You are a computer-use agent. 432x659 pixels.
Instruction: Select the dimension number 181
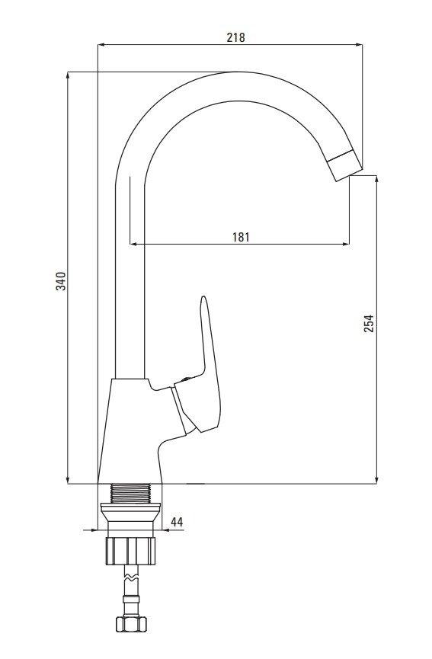(x=240, y=237)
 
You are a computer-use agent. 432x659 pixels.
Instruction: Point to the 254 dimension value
(x=369, y=325)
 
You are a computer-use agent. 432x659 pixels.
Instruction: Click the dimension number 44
(x=176, y=522)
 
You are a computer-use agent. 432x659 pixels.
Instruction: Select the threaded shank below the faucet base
(x=134, y=493)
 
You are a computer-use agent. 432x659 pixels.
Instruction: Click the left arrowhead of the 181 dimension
(x=135, y=245)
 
